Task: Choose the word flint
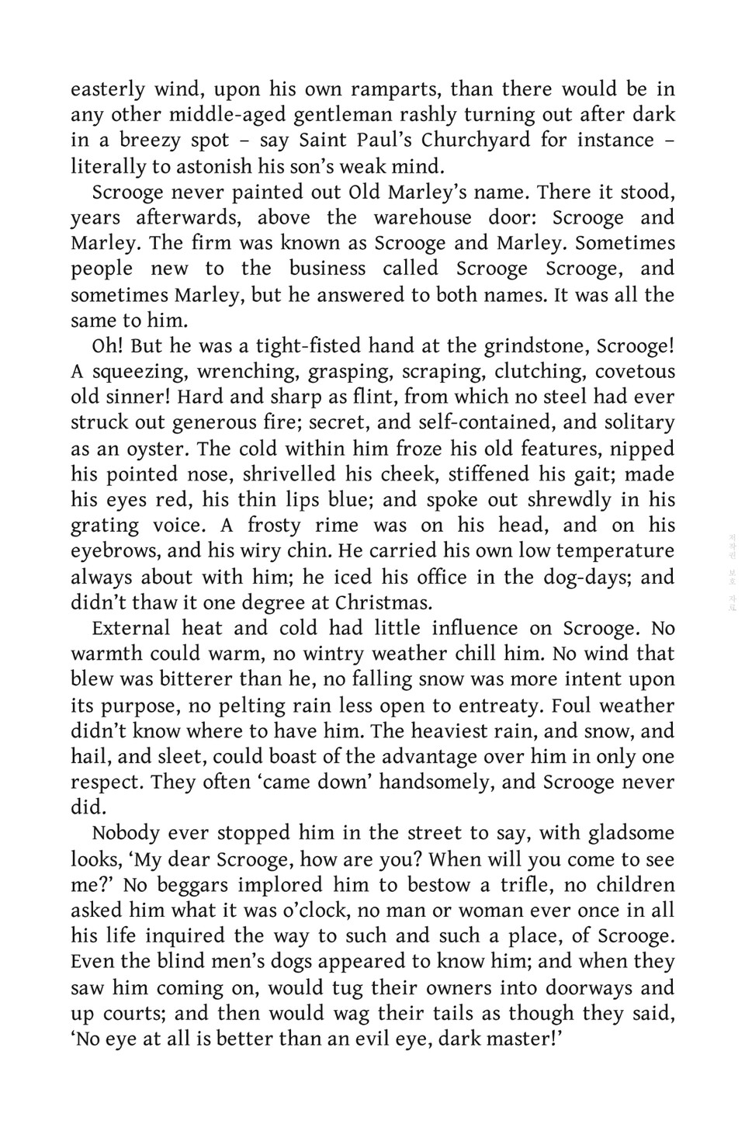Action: (376, 397)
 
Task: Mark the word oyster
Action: (154, 449)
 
